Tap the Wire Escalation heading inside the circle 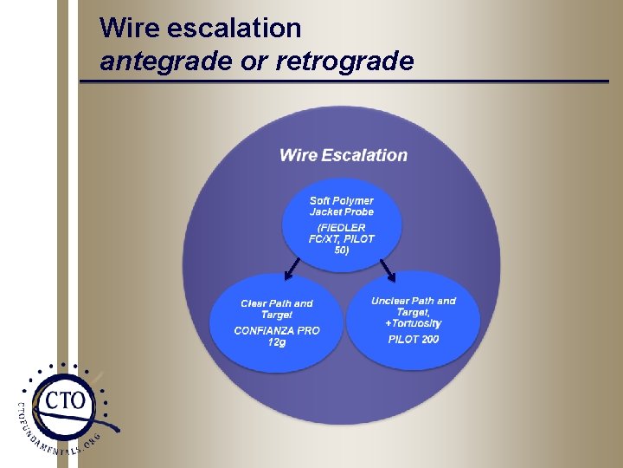[343, 155]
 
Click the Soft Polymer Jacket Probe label [342, 206]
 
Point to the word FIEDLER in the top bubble [342, 228]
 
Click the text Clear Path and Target [277, 309]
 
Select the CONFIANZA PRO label [277, 330]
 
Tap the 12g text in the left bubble [277, 342]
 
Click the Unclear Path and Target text [414, 306]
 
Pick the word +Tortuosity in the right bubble [414, 323]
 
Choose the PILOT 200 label [414, 339]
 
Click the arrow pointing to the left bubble [293, 271]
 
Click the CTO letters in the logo [65, 400]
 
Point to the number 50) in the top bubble [342, 250]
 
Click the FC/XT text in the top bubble [324, 239]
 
